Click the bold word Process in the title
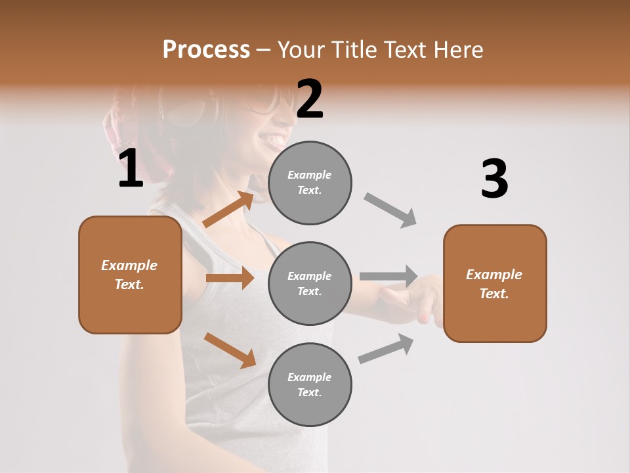[206, 50]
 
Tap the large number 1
[131, 169]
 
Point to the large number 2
[310, 99]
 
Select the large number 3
[494, 179]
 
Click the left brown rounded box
[130, 275]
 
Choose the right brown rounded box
[495, 283]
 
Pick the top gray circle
[310, 183]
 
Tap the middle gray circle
[310, 283]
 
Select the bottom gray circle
[310, 384]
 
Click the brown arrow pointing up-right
[229, 210]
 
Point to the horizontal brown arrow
[230, 278]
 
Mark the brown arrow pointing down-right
[230, 350]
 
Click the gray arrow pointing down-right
[390, 210]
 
